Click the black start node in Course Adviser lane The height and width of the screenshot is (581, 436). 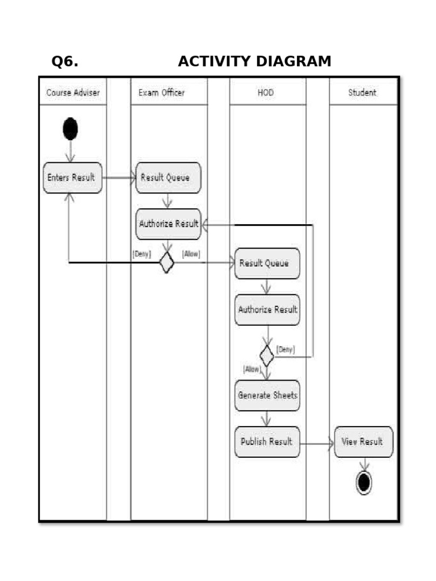70,129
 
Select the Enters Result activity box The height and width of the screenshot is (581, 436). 73,178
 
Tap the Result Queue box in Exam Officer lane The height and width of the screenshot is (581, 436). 168,178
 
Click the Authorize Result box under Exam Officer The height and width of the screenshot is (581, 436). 169,224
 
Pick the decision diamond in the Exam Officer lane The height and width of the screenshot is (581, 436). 166,262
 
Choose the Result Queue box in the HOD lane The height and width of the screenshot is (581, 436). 267,263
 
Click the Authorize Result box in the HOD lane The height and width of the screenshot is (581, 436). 267,310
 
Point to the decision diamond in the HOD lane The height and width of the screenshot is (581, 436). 267,356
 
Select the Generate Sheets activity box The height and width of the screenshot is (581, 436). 267,395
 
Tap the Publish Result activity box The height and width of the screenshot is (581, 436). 267,441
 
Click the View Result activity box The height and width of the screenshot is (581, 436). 363,441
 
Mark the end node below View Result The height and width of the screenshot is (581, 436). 363,483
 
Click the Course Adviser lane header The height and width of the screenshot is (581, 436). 73,92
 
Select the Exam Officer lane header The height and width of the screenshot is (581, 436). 162,92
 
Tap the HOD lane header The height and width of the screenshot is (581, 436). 266,92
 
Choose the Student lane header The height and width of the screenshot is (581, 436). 362,92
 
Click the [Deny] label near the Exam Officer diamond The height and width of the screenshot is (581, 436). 141,254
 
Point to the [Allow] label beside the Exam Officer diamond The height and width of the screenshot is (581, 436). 191,254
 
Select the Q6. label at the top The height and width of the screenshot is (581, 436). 65,61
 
